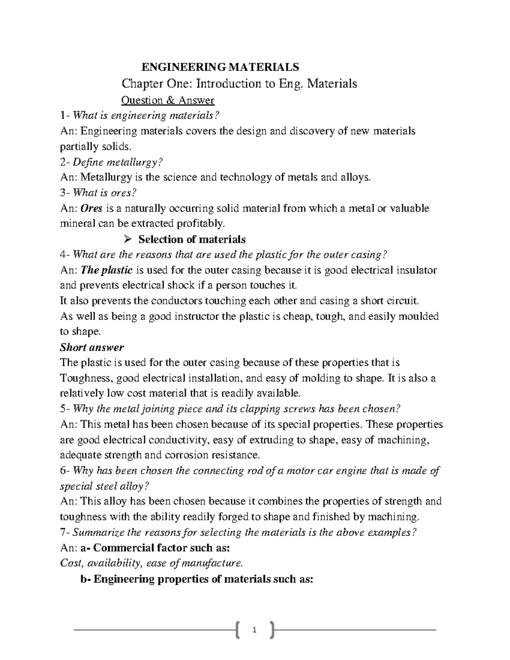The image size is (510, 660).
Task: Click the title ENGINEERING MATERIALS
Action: pos(220,67)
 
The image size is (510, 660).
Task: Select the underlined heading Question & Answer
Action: pos(168,100)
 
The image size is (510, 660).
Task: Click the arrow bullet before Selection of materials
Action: pos(126,240)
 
